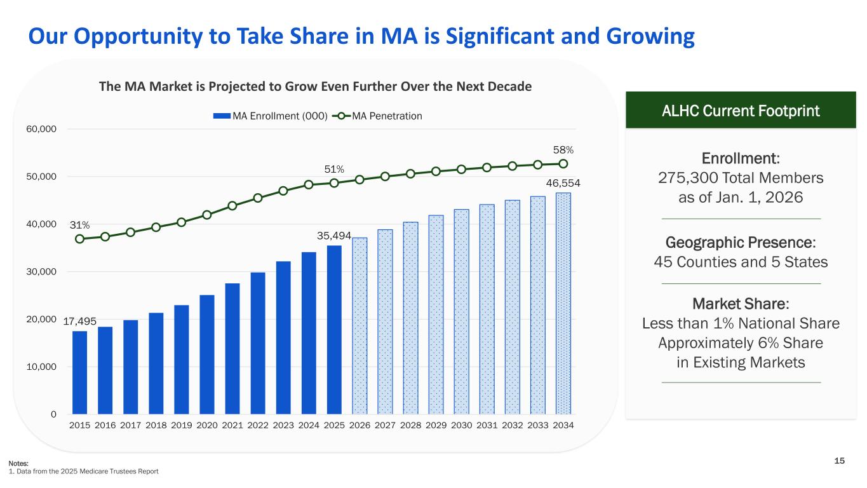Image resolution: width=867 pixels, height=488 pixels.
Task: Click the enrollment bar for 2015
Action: click(80, 372)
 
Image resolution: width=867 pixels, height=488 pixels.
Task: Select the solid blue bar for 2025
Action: click(334, 330)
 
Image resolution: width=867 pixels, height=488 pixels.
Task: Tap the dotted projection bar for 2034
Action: click(563, 303)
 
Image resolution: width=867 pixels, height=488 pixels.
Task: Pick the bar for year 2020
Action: click(207, 355)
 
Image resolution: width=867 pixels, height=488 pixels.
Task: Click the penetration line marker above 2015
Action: click(80, 239)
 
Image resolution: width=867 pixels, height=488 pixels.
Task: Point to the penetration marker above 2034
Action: click(563, 163)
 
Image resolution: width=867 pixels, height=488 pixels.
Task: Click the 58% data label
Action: click(563, 150)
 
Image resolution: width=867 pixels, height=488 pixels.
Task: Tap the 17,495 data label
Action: click(79, 322)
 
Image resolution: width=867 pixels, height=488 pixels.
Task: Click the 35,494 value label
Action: click(333, 236)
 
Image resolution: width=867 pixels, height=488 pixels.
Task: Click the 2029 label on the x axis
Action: click(436, 424)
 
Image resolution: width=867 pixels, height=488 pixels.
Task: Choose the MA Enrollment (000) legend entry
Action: click(271, 116)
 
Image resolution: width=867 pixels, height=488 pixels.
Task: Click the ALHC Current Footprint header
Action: click(741, 111)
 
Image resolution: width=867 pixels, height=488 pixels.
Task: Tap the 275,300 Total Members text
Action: click(741, 178)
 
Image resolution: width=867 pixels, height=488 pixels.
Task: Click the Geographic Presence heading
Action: click(741, 243)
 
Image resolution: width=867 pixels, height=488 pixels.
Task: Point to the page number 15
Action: click(840, 461)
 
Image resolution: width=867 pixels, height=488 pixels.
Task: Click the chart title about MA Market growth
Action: click(315, 86)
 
